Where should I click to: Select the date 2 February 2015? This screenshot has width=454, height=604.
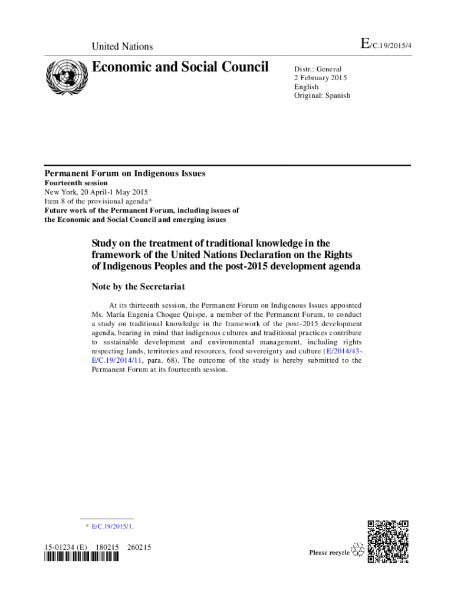tap(321, 78)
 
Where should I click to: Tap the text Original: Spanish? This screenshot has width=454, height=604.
tap(322, 96)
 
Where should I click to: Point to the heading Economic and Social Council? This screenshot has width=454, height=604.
tap(180, 67)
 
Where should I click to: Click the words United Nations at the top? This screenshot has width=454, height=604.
tap(122, 47)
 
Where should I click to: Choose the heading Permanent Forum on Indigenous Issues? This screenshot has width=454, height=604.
tap(125, 173)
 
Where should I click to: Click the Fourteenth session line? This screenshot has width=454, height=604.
tap(76, 183)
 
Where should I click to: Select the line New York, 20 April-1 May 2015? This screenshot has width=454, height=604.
tap(96, 192)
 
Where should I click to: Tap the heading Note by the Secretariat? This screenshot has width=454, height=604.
tap(138, 287)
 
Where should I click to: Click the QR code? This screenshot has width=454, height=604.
tap(388, 541)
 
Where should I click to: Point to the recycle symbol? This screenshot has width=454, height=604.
tap(357, 550)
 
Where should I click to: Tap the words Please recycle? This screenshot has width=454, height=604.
tap(330, 553)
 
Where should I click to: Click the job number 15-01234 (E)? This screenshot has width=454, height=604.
tap(65, 547)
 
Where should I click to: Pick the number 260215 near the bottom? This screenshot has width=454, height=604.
tap(139, 547)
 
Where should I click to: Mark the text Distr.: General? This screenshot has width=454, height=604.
tap(318, 69)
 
